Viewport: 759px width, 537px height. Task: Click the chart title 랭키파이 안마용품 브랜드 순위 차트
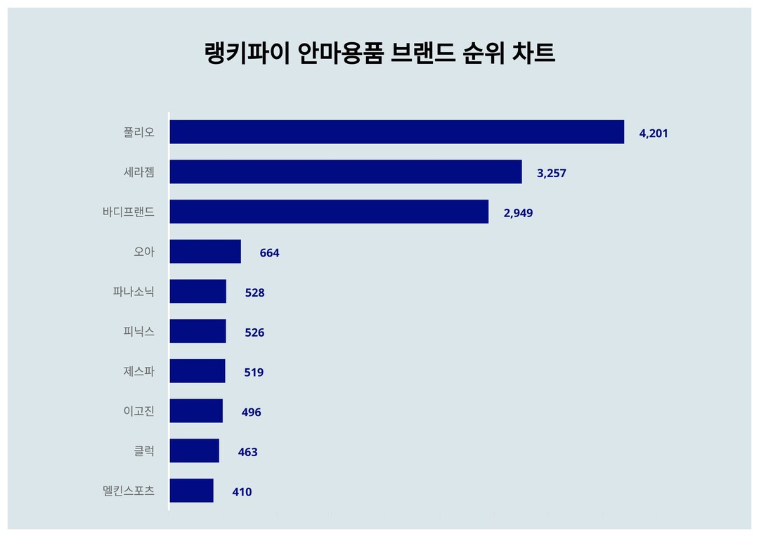point(379,53)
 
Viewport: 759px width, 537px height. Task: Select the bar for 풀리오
point(396,132)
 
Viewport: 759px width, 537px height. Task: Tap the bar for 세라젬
point(346,172)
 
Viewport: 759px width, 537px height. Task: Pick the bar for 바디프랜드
point(329,212)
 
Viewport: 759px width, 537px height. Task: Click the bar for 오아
point(205,252)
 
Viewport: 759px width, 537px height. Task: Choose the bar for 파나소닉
point(198,292)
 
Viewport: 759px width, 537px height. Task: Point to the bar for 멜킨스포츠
point(192,491)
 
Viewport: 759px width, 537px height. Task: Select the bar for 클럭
point(195,451)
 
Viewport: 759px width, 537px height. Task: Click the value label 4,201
point(654,134)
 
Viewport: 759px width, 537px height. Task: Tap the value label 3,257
point(552,173)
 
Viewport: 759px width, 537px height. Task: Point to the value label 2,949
point(518,213)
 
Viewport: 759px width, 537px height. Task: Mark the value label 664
point(269,253)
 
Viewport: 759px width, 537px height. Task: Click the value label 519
point(254,373)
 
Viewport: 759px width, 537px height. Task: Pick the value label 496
point(251,413)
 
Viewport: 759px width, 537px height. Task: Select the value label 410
point(242,492)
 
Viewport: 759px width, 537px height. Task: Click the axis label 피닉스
point(138,331)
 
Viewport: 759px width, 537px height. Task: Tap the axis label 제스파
point(138,371)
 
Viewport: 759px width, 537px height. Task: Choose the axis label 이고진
point(138,411)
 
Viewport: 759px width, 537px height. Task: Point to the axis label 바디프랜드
point(128,212)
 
